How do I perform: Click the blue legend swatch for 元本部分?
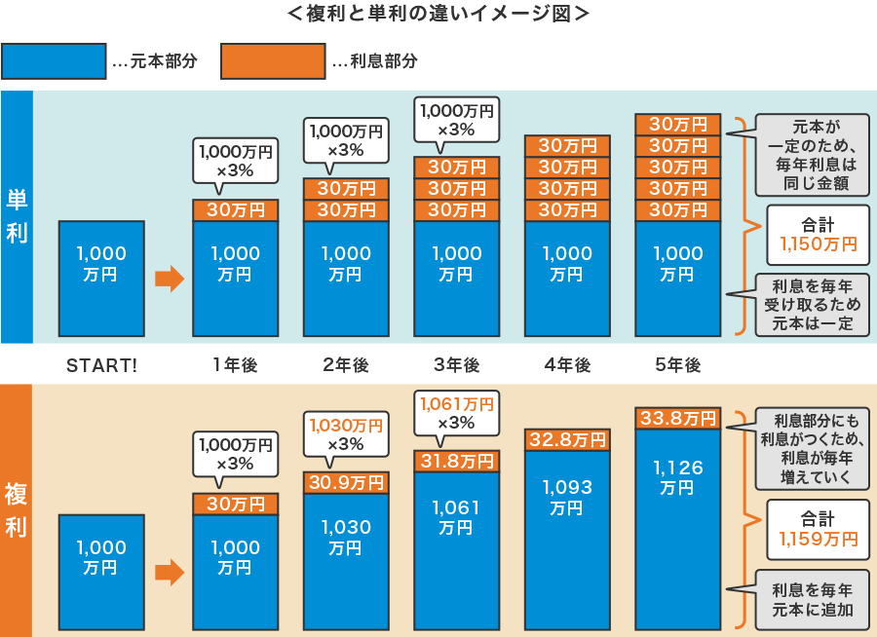[54, 61]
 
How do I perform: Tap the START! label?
[101, 365]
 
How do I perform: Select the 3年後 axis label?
[457, 365]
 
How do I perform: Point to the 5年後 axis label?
[678, 365]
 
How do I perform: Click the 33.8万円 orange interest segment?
[678, 419]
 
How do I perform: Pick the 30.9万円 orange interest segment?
[346, 482]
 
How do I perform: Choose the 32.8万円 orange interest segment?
[567, 439]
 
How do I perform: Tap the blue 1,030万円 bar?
[346, 560]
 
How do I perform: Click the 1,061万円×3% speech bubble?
[456, 412]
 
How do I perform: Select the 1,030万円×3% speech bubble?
[346, 433]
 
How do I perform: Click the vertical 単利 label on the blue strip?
[17, 216]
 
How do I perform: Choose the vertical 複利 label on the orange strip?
[17, 510]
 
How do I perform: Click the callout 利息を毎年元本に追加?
[812, 600]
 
